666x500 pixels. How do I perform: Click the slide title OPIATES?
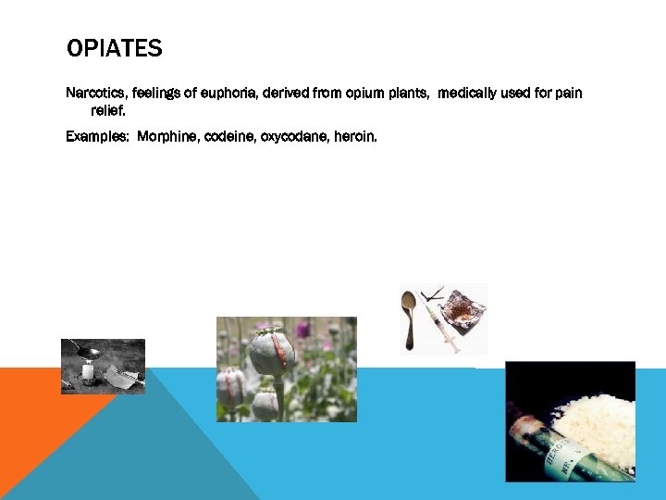[x=114, y=48]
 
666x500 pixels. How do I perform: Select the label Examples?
[x=98, y=136]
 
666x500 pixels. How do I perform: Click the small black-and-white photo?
[x=103, y=367]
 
